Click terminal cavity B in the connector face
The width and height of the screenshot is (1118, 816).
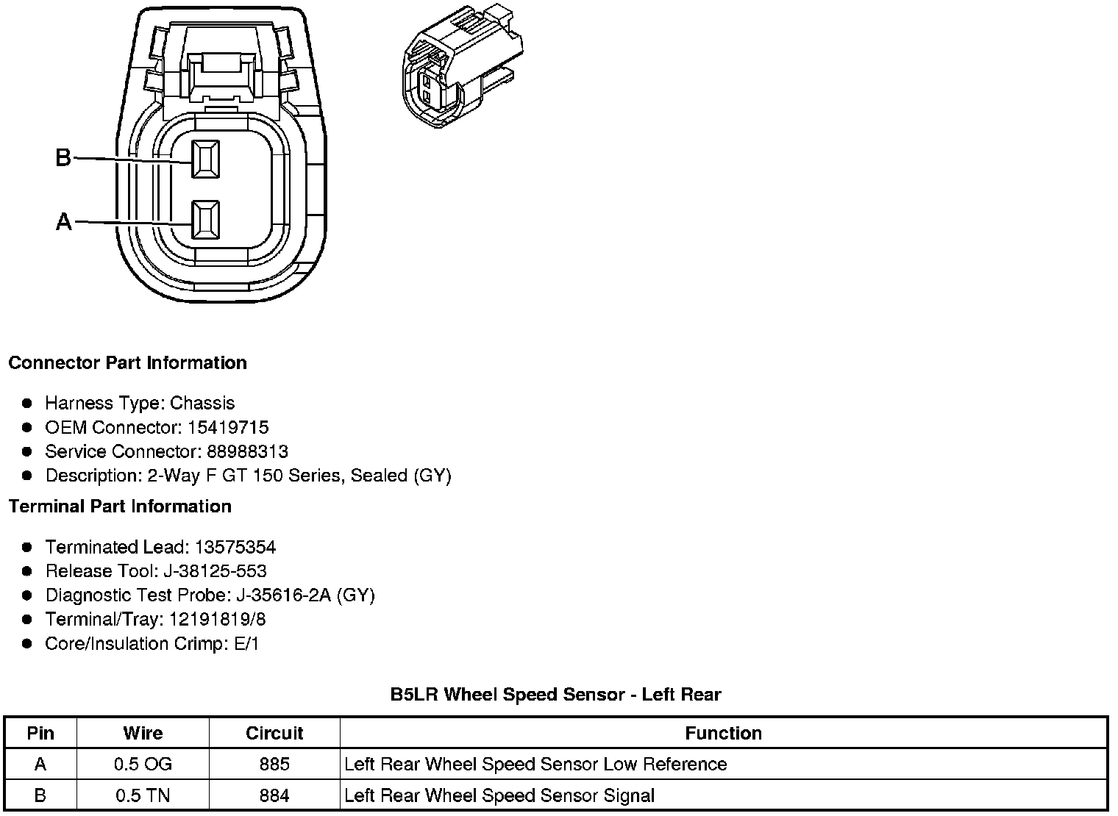(x=205, y=159)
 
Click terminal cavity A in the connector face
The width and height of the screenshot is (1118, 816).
(x=205, y=220)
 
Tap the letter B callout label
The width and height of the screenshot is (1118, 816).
(x=63, y=157)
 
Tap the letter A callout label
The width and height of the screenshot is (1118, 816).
(x=64, y=221)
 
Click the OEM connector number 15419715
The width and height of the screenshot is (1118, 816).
(x=228, y=427)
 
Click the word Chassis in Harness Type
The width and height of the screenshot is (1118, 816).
(x=202, y=403)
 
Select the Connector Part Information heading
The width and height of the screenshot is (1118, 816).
(x=127, y=362)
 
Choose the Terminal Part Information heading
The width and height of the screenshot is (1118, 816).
(x=120, y=507)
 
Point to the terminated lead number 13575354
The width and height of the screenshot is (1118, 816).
(x=235, y=547)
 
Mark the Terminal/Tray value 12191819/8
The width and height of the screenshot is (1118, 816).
(x=218, y=620)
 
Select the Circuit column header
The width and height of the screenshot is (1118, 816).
(x=274, y=733)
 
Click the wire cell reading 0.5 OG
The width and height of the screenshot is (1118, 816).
(x=143, y=765)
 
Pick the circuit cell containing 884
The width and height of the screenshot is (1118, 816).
(x=274, y=795)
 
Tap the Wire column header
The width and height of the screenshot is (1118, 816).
(x=143, y=733)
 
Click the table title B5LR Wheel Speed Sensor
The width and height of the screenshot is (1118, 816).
(x=555, y=694)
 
